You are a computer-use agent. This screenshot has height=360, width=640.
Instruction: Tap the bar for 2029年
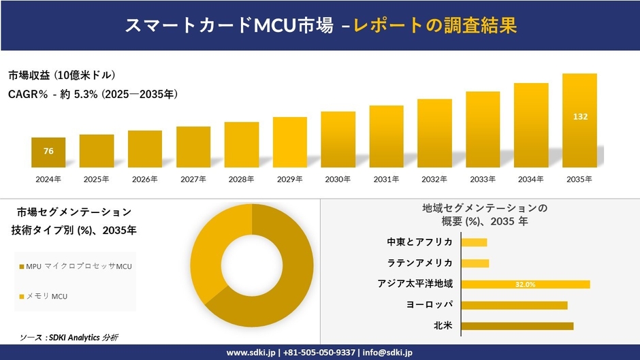pyautogui.click(x=290, y=143)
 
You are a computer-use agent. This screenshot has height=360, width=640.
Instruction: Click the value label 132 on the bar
pyautogui.click(x=580, y=117)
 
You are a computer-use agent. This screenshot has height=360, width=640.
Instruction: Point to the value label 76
pyautogui.click(x=48, y=151)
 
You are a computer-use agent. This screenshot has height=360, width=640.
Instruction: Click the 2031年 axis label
pyautogui.click(x=386, y=180)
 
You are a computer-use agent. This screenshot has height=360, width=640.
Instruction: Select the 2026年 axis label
pyautogui.click(x=144, y=180)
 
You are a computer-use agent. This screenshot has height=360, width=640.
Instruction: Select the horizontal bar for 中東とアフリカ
pyautogui.click(x=474, y=242)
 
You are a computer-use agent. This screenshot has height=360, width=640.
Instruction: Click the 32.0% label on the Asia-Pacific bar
pyautogui.click(x=525, y=284)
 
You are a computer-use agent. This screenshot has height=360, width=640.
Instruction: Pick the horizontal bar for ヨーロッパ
pyautogui.click(x=514, y=305)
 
